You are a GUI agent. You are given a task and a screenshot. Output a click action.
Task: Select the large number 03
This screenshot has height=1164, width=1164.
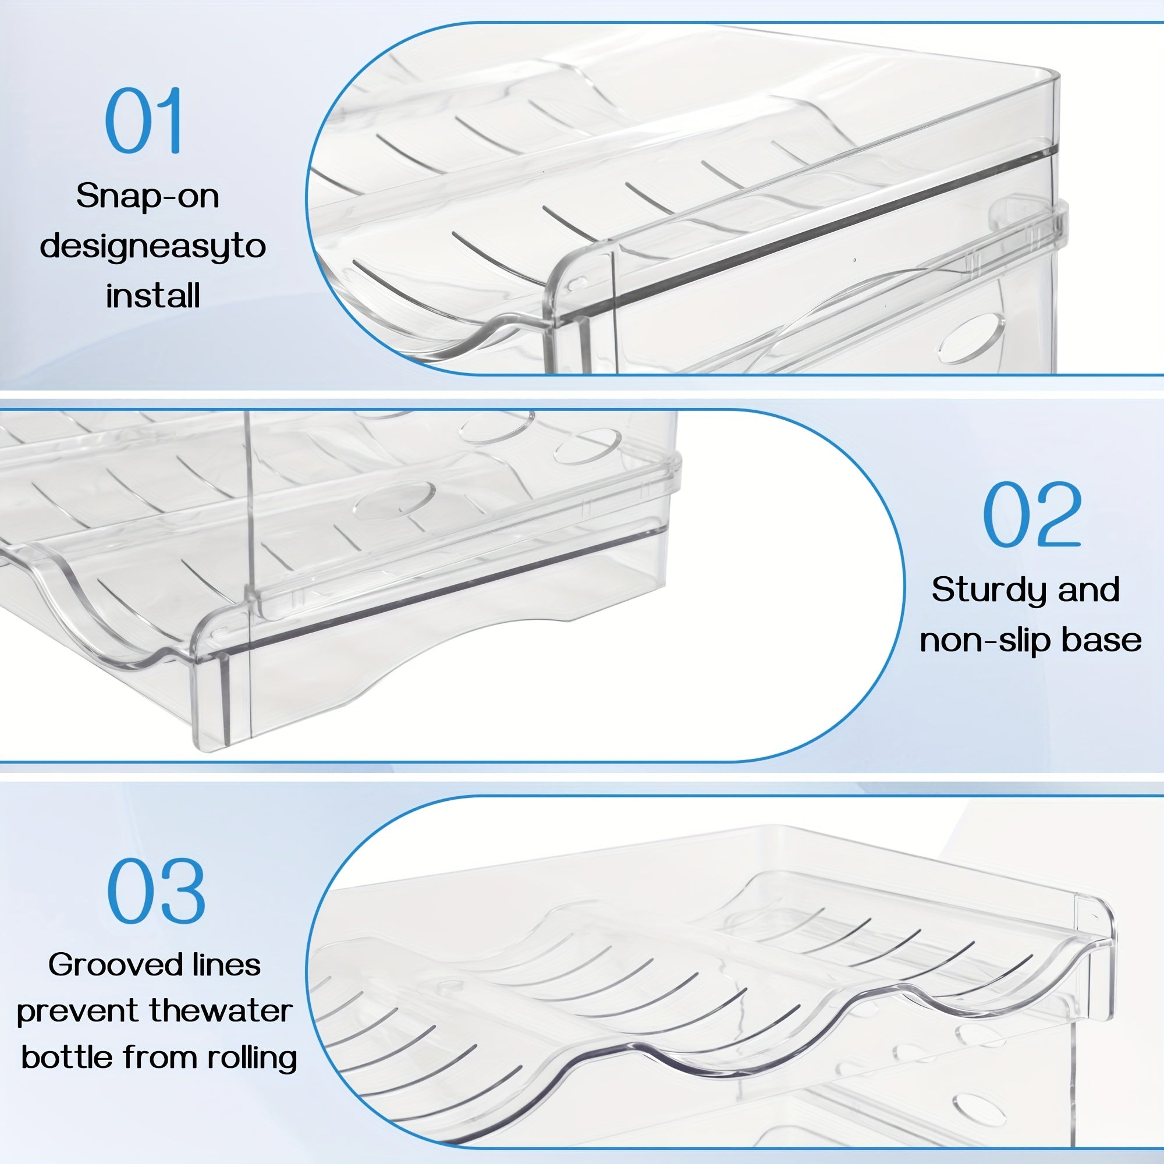(156, 891)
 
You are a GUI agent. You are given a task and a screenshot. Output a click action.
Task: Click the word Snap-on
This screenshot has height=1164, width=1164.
(148, 196)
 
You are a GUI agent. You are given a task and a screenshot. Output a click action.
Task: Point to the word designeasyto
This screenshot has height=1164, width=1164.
(153, 246)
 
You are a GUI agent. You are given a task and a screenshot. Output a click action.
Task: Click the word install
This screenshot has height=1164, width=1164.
(153, 296)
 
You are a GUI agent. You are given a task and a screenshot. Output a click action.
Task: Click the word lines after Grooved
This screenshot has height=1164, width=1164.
(226, 965)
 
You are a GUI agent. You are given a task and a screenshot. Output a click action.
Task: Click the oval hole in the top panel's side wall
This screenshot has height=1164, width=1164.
(971, 338)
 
